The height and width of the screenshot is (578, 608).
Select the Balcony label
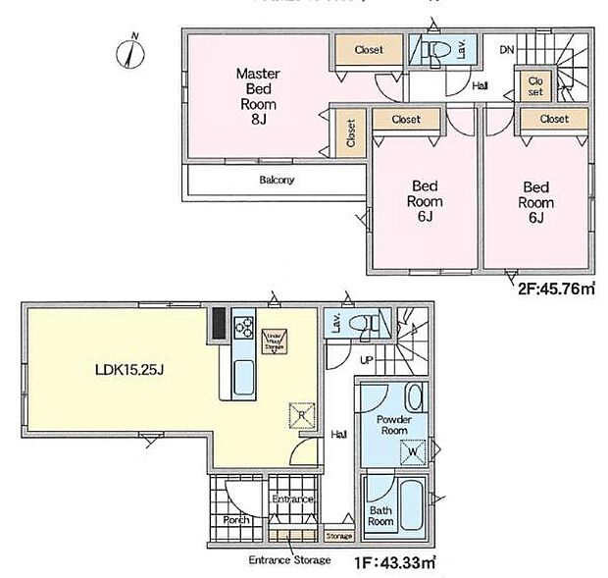click(278, 181)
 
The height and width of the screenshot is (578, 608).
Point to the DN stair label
click(507, 49)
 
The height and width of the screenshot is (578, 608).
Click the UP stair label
click(367, 360)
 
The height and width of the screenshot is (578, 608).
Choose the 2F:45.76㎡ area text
click(556, 290)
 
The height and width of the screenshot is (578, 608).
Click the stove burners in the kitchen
click(243, 329)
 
